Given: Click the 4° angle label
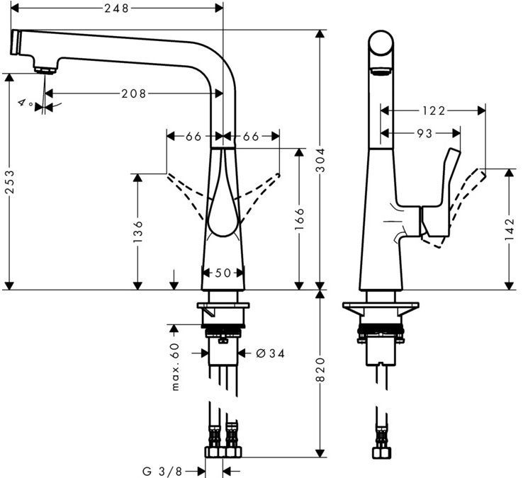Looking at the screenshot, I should click(x=26, y=104).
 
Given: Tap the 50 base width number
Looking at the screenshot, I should click(x=223, y=273).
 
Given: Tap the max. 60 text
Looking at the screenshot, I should click(x=175, y=366).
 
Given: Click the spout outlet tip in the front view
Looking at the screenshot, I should click(x=45, y=69).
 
